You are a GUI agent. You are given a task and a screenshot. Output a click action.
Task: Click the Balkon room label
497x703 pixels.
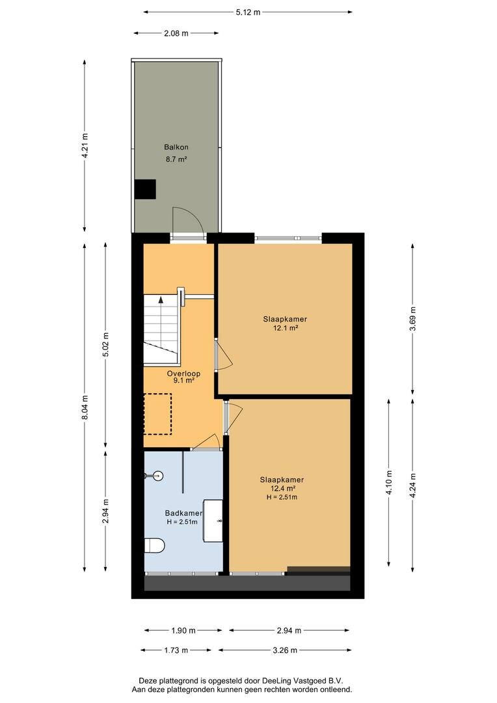click(x=176, y=147)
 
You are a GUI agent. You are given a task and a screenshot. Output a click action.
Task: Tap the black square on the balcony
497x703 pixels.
click(x=146, y=189)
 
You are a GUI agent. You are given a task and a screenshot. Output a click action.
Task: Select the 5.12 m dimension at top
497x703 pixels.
click(x=248, y=12)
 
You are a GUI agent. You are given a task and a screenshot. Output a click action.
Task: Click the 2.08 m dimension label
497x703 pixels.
click(x=176, y=33)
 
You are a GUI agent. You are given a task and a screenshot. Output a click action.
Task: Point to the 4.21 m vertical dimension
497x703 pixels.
click(x=85, y=146)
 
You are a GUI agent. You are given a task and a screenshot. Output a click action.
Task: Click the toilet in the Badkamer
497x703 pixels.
click(x=155, y=545)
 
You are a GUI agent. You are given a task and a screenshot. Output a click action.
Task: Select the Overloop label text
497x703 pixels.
click(x=183, y=374)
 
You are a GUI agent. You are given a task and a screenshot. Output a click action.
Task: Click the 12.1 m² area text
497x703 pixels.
click(x=286, y=327)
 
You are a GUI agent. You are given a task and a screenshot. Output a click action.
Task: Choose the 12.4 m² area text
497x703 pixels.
click(x=282, y=488)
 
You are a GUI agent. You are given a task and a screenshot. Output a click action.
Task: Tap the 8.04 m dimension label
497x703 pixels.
click(x=85, y=407)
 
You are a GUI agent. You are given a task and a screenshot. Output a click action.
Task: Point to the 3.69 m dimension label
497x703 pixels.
click(x=412, y=319)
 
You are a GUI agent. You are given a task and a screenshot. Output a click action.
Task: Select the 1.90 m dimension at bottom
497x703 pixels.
click(x=183, y=630)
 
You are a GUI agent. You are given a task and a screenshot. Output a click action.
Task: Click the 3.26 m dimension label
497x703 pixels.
click(x=285, y=650)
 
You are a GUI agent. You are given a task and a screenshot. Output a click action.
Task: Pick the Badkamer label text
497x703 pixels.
click(x=183, y=514)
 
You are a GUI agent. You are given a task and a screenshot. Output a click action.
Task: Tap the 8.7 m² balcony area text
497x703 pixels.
click(x=176, y=159)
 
